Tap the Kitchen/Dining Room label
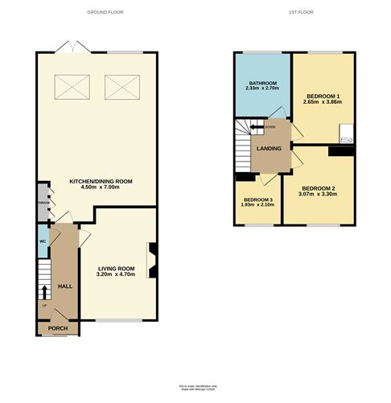click(100, 181)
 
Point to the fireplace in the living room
click(150, 257)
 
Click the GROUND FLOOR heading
click(106, 13)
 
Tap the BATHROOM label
click(262, 83)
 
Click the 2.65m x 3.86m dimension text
click(323, 103)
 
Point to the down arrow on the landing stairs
click(259, 126)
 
